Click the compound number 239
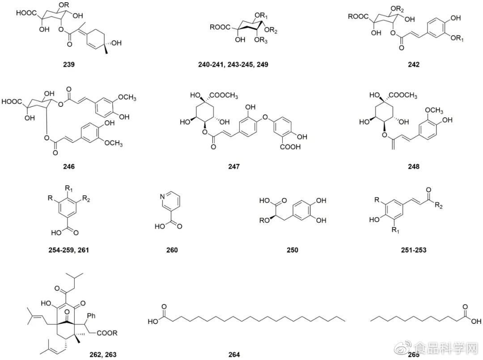(69, 65)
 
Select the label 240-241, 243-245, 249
(233, 65)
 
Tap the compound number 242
(413, 65)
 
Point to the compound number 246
(69, 167)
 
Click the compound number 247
(234, 167)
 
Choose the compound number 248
(413, 167)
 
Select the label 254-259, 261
(69, 250)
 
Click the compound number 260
(172, 250)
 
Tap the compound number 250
(292, 250)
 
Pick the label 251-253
(413, 250)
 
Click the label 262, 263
(103, 355)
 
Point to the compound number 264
(234, 355)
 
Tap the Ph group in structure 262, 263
(92, 315)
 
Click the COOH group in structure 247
(290, 147)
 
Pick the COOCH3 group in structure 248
(403, 96)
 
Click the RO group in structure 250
(265, 220)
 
